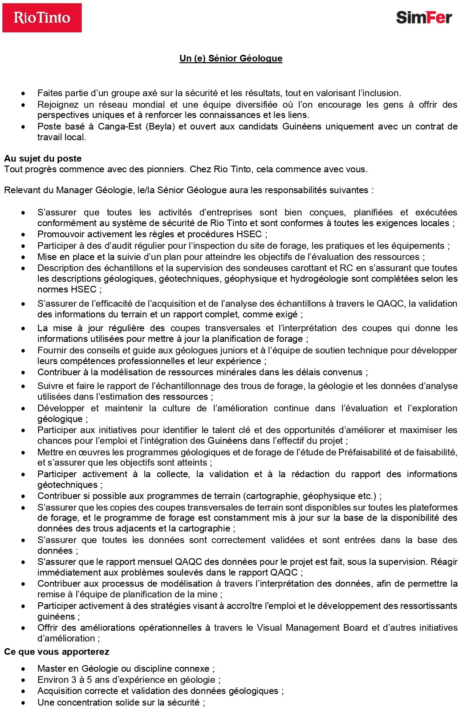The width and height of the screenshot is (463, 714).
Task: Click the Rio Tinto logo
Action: pos(42,18)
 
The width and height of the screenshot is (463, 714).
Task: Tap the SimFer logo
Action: pos(424,17)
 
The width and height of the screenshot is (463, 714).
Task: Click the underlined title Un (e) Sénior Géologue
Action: pos(231,58)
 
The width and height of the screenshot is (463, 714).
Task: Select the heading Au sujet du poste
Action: pos(43,158)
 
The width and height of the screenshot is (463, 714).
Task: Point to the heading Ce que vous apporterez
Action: pos(57,652)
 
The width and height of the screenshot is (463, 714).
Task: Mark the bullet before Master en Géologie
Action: pos(23,669)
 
